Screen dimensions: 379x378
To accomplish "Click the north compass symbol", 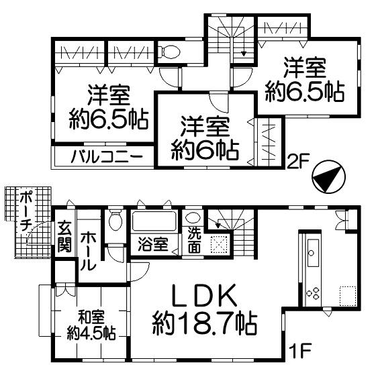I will (x=328, y=176).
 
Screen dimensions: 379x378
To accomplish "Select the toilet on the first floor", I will (x=115, y=219).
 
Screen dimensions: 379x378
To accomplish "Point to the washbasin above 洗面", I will (x=193, y=218).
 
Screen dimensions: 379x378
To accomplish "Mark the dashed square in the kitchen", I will (x=347, y=295).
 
